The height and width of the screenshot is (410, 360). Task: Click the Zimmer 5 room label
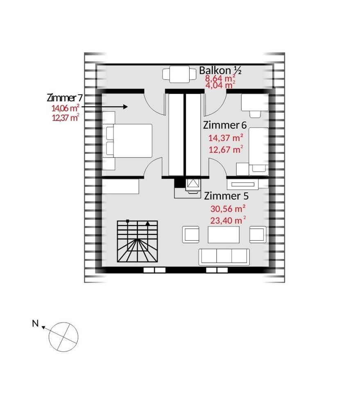point(226,196)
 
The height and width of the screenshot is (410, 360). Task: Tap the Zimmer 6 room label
point(225,125)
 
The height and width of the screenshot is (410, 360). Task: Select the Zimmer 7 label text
point(65,98)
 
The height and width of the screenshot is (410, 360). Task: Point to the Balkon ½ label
point(220,71)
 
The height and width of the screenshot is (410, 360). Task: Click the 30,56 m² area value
point(228,209)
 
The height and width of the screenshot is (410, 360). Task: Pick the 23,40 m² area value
point(228,220)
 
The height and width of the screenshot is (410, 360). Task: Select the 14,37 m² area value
point(226,137)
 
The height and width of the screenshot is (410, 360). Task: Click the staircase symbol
point(138,241)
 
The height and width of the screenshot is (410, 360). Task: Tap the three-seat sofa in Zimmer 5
point(224,257)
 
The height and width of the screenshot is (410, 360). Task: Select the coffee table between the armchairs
point(224,235)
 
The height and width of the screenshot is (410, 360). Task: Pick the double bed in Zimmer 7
point(129,141)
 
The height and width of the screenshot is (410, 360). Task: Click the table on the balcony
point(179,74)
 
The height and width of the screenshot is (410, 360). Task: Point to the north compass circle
point(63,337)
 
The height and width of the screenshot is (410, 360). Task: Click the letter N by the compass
point(35,323)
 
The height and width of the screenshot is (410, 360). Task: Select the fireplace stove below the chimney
point(193,186)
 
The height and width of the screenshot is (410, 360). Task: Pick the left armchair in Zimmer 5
point(191,235)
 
